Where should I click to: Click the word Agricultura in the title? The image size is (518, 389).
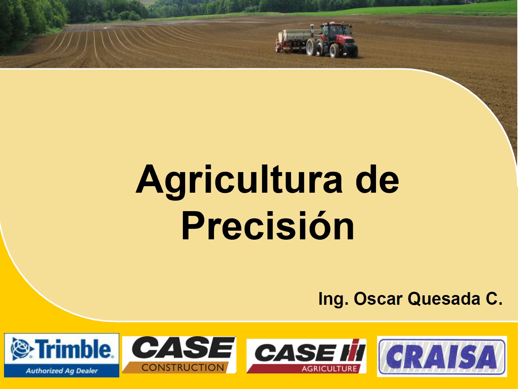click(239, 182)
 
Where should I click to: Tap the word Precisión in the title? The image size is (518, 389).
click(268, 226)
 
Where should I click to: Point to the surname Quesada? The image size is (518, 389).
click(444, 299)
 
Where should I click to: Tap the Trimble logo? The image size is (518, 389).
click(61, 355)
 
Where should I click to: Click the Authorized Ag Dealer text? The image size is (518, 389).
click(62, 371)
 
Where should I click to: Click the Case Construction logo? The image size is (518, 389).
click(179, 355)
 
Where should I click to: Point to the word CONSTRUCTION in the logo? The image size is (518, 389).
click(183, 367)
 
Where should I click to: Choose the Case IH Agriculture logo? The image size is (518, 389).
click(306, 356)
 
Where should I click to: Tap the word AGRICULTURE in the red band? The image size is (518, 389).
click(329, 368)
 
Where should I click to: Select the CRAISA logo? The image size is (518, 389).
click(442, 356)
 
